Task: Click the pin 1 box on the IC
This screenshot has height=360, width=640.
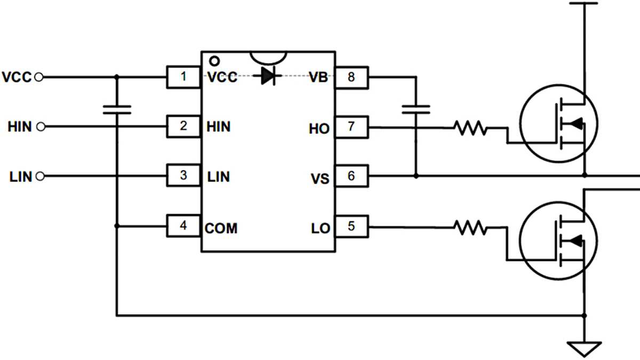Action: pos(183,77)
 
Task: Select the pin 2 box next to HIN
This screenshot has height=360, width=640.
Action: pos(183,126)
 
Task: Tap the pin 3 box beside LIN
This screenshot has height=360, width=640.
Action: pos(183,175)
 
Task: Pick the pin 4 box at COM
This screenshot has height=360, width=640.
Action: pos(183,226)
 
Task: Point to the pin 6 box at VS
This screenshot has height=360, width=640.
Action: pos(351,175)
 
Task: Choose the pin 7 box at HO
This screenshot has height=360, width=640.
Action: pos(351,127)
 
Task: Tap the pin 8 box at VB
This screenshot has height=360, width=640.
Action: pos(351,77)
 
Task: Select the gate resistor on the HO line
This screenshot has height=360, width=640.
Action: pos(470,127)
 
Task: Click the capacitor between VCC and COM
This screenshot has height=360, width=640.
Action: pos(117,109)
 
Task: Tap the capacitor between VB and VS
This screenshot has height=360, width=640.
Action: pos(416,109)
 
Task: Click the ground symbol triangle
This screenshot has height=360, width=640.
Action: pos(585,349)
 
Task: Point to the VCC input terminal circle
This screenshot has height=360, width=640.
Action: pos(38,77)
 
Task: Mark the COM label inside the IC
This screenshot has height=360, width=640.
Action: pos(221,229)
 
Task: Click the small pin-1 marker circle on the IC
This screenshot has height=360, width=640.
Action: pos(214,60)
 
